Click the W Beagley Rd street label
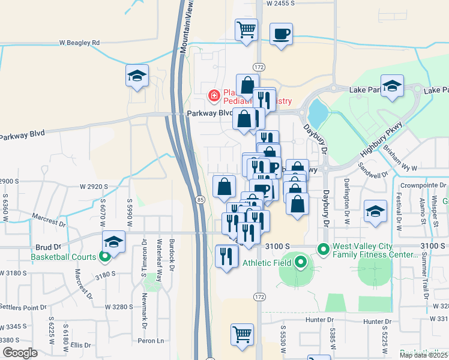click(79, 43)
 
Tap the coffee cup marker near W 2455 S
click(280, 33)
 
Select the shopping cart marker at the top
click(246, 30)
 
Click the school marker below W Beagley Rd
click(137, 76)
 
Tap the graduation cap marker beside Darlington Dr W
click(375, 211)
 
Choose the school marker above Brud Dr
click(113, 242)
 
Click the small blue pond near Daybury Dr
click(316, 112)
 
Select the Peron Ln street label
click(152, 341)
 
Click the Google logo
click(20, 352)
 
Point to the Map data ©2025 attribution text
click(424, 355)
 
